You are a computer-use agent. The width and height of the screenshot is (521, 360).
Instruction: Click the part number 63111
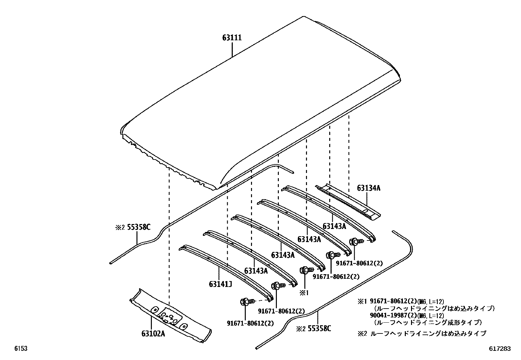pyautogui.click(x=232, y=38)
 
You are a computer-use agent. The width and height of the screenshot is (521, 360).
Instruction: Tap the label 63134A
pyautogui.click(x=368, y=188)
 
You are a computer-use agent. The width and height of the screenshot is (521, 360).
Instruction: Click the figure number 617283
pyautogui.click(x=500, y=349)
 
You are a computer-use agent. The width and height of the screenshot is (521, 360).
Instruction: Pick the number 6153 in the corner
pyautogui.click(x=20, y=349)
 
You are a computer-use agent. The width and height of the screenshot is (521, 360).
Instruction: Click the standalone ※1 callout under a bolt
pyautogui.click(x=304, y=293)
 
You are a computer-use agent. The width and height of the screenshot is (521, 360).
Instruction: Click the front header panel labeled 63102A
pyautogui.click(x=170, y=316)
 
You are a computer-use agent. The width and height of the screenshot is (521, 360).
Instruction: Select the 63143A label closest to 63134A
pyautogui.click(x=334, y=226)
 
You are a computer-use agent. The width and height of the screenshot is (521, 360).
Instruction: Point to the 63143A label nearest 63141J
pyautogui.click(x=256, y=271)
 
